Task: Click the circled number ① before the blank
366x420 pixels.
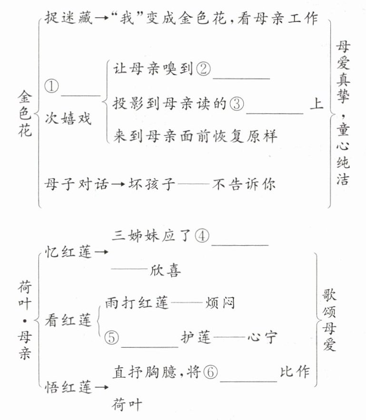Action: tap(51, 86)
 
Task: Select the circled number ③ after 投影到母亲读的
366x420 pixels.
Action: tap(237, 103)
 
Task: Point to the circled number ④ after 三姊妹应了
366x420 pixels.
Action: tap(202, 236)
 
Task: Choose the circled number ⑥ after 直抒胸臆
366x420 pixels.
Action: tap(211, 372)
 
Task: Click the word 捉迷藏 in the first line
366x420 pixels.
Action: tap(63, 19)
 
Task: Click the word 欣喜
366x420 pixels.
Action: tap(166, 269)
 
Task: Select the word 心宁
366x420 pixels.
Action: tap(262, 338)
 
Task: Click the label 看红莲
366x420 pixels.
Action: tap(67, 321)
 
